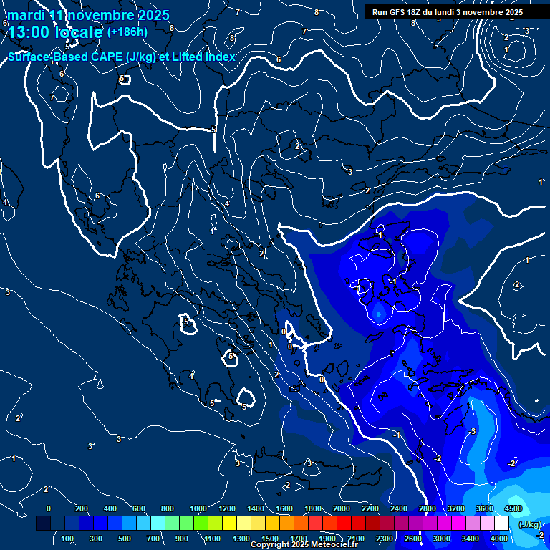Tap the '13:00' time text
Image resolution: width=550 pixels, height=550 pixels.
click(29, 32)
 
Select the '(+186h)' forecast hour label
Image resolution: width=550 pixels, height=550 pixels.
click(127, 32)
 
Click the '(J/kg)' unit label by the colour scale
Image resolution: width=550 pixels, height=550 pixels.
click(530, 524)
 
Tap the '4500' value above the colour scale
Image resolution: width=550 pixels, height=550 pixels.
click(513, 508)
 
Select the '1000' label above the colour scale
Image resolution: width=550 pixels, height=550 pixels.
click(198, 508)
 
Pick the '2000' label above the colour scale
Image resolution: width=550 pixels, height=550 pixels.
click(341, 508)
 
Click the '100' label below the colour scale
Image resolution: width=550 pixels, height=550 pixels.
click(68, 539)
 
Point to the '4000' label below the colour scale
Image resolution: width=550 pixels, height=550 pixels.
click(499, 539)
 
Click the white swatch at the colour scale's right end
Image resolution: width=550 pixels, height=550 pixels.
click(501, 524)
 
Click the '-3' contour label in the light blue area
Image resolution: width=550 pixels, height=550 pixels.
click(472, 431)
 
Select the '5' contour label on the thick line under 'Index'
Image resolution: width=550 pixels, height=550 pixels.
click(213, 130)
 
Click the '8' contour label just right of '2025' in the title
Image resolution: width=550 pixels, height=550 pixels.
click(172, 28)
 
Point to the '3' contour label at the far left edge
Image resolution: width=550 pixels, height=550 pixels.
click(7, 292)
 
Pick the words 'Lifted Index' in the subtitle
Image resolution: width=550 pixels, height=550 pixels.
click(203, 57)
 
